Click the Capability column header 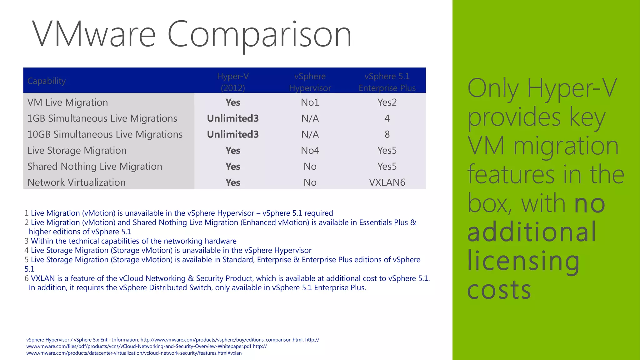pos(47,81)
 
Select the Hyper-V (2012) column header pos(233,82)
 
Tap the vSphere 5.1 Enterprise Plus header pos(387,82)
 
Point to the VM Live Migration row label pos(67,102)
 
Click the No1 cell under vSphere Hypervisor pos(310,102)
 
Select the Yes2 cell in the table pos(387,102)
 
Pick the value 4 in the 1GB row pos(387,118)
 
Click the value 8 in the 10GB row pos(387,134)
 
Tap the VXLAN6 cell pos(387,182)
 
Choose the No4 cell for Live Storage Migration pos(310,151)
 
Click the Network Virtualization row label pos(76,182)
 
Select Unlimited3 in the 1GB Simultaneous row pos(233,118)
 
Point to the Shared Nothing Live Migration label pos(95,167)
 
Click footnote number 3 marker pos(27,241)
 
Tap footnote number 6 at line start pos(27,278)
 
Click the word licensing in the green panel pos(523,261)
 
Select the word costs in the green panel pos(499,290)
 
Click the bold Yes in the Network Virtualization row pos(233,182)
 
